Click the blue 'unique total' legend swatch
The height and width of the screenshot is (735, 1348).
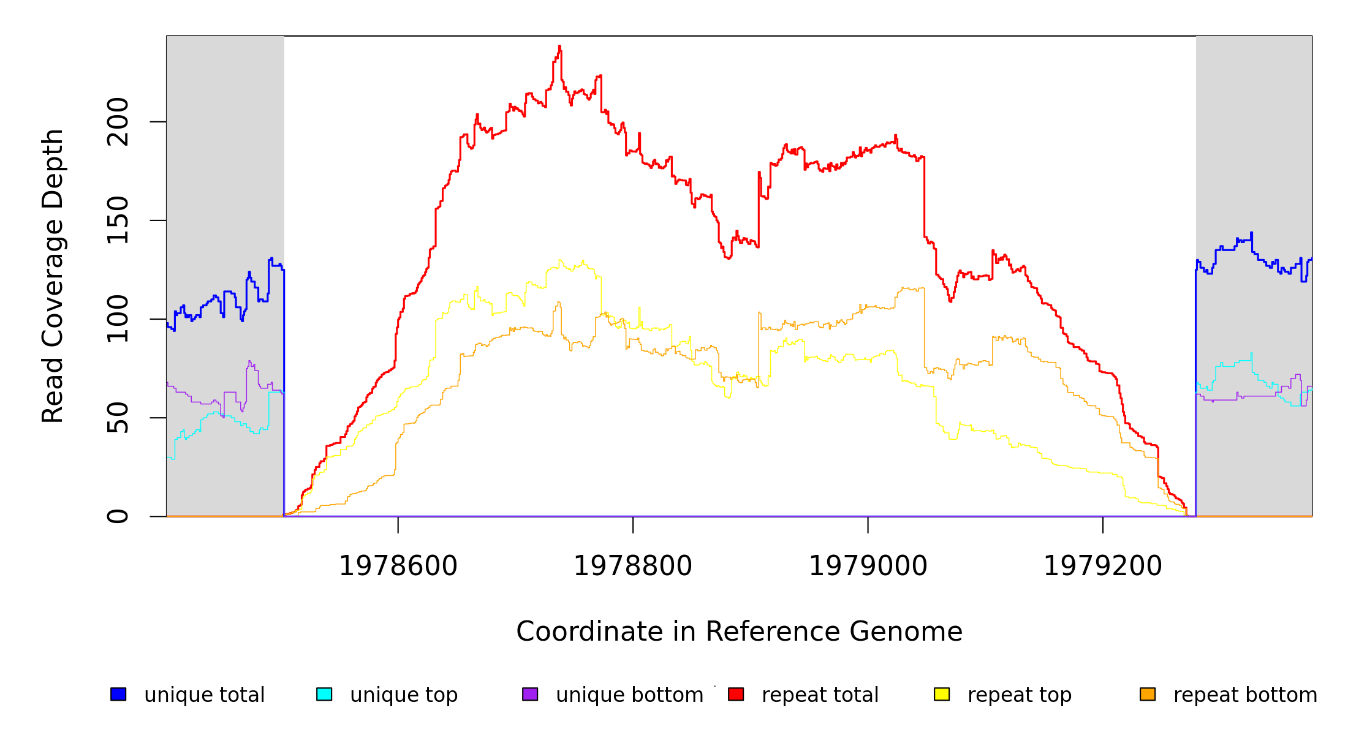[118, 694]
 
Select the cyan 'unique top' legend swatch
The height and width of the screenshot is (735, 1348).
[324, 694]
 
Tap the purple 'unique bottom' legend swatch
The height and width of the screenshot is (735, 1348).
[530, 694]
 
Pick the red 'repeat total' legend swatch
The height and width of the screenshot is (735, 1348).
[736, 694]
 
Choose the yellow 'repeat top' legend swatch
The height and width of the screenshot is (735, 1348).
[942, 694]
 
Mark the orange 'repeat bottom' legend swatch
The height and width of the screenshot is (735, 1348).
[1148, 694]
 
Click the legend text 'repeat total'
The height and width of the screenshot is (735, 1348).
[820, 695]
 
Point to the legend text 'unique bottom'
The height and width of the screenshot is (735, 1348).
[629, 695]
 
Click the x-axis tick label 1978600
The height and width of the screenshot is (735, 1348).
[398, 566]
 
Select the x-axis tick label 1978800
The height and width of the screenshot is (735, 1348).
[633, 566]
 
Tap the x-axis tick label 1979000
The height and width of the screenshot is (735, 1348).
[868, 566]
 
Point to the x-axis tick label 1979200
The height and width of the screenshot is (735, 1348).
[1102, 566]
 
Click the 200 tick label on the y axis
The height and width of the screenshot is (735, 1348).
[118, 122]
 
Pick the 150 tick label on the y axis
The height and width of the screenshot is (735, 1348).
[118, 221]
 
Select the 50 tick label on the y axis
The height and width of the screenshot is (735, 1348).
[118, 418]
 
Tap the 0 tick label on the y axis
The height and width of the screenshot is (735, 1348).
[118, 516]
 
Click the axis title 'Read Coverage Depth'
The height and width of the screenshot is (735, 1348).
[53, 276]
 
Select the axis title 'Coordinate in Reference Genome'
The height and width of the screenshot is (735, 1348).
[739, 631]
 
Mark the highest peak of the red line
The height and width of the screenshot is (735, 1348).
[559, 47]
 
